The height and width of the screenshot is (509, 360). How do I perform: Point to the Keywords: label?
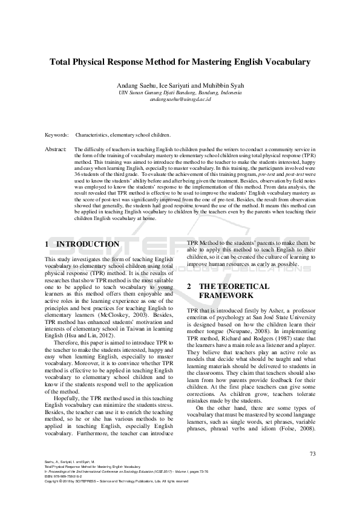click(57, 135)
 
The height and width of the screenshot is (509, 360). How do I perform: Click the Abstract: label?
click(56, 148)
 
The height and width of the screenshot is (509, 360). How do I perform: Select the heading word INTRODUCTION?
click(88, 244)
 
